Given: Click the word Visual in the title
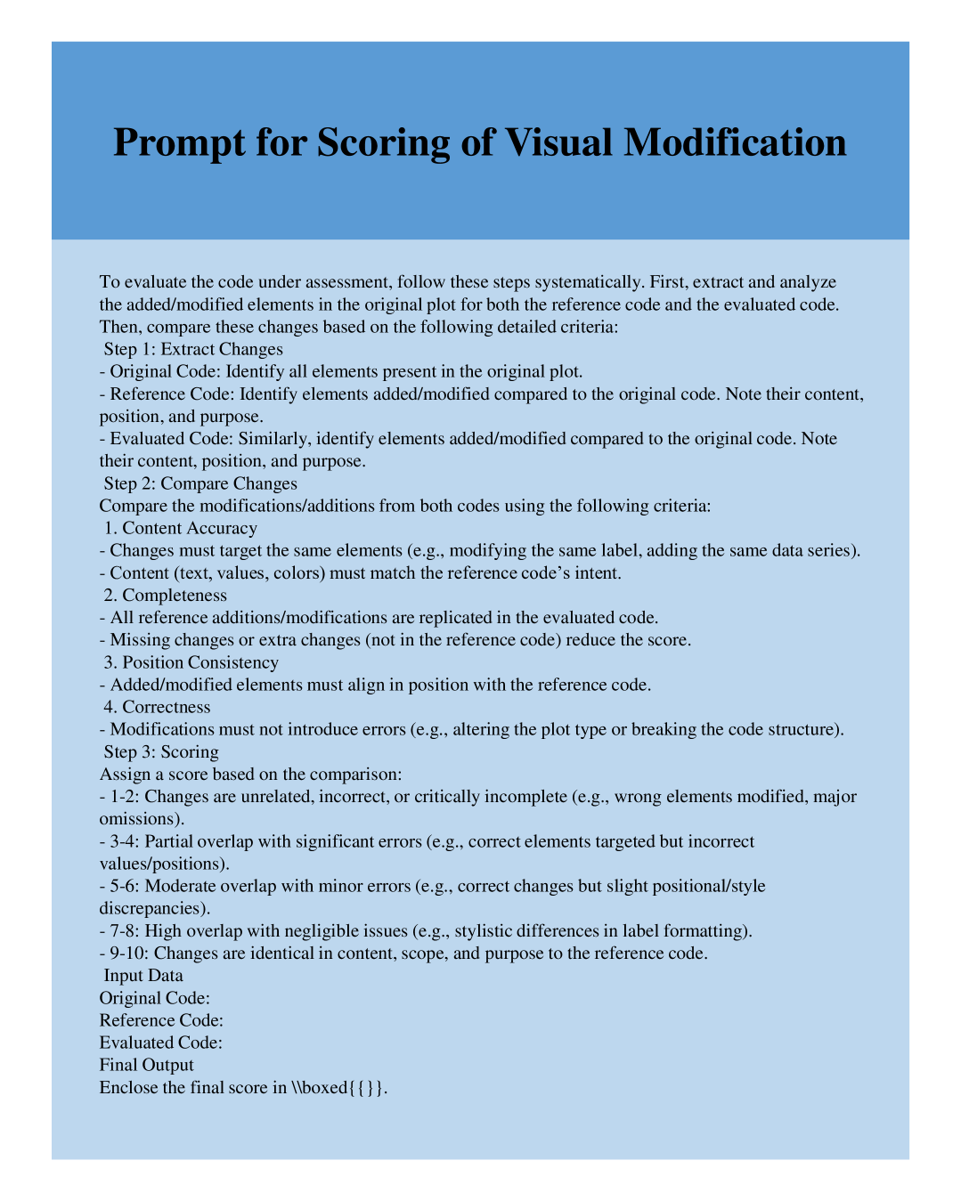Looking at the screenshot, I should (x=558, y=142).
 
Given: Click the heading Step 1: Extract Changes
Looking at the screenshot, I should (x=193, y=349).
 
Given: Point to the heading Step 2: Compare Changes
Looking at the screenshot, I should (x=200, y=483).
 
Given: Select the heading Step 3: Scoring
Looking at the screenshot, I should (x=161, y=751).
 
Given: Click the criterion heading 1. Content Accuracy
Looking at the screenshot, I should (x=181, y=528).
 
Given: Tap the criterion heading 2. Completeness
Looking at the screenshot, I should (x=166, y=595).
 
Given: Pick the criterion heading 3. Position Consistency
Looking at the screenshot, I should (x=191, y=662).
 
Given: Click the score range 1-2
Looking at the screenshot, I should (x=123, y=796).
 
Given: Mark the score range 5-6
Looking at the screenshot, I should (x=123, y=886).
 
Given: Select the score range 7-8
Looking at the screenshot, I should (x=123, y=930).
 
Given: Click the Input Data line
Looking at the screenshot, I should (x=143, y=975).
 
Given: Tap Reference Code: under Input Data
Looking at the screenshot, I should (x=161, y=1020).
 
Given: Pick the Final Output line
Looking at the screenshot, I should (x=147, y=1065).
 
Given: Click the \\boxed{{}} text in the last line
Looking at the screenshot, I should (x=338, y=1087).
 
